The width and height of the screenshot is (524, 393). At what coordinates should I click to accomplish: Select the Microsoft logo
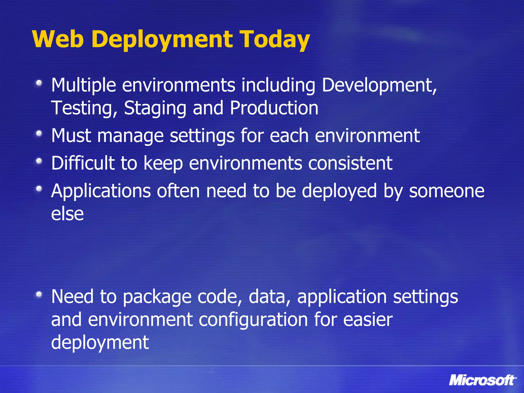pos(482,380)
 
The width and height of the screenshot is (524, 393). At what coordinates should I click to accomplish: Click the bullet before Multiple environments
pos(39,83)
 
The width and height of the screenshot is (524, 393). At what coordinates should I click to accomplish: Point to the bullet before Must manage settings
pos(39,133)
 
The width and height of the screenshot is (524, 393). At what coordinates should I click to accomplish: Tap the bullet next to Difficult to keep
pos(39,161)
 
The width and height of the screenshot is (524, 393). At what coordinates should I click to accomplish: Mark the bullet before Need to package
pos(39,294)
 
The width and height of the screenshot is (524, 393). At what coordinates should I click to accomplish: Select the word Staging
pos(155,108)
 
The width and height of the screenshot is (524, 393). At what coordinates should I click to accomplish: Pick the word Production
pos(274,108)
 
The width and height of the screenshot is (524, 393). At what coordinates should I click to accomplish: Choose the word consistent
pos(350,163)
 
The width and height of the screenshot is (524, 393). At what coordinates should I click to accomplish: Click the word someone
pos(446,191)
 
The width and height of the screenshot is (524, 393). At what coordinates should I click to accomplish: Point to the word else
pos(67,214)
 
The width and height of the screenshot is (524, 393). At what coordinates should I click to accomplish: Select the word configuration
pos(253,320)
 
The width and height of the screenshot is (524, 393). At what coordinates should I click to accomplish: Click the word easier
pos(367,320)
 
